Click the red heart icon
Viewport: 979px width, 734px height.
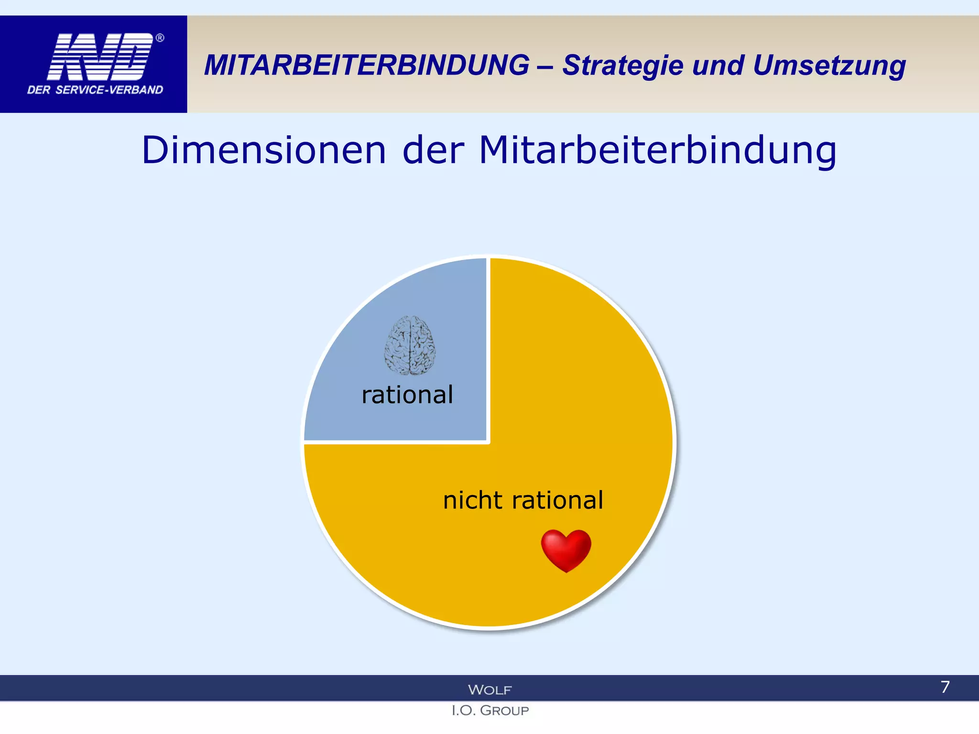pos(566,550)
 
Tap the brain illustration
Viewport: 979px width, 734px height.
pos(410,345)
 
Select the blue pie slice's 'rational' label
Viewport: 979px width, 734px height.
pos(407,395)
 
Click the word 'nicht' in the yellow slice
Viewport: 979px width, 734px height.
pos(473,500)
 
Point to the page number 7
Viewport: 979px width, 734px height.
pos(945,687)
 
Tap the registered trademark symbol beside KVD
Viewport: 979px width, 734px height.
pos(160,38)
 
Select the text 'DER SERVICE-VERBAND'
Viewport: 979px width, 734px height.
pos(95,90)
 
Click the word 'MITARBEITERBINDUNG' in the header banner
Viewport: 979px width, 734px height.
pos(367,65)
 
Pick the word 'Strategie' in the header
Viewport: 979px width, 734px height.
pos(622,66)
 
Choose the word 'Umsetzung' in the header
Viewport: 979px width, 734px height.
pos(829,66)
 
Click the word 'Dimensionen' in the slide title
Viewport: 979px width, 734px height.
pos(264,151)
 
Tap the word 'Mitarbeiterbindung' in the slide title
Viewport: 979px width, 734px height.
pos(657,151)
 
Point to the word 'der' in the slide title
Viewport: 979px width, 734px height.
pos(433,151)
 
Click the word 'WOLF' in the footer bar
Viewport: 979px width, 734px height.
pos(489,690)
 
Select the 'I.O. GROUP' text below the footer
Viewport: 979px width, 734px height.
pos(490,711)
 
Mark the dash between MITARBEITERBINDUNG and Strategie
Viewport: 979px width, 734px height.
pos(545,66)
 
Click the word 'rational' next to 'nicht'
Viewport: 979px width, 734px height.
pos(557,500)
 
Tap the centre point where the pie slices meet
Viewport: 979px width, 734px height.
pos(489,442)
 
